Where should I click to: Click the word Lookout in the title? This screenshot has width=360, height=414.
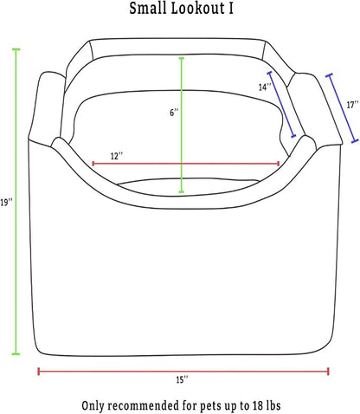[197, 8]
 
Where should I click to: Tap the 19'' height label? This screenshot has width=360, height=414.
[6, 203]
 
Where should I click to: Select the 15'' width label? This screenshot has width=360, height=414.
[183, 380]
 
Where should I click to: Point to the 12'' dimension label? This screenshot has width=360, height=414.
[117, 156]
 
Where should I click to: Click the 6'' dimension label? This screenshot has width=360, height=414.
[174, 113]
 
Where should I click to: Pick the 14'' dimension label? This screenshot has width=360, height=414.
[265, 87]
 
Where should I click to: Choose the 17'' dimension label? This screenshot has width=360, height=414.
[352, 105]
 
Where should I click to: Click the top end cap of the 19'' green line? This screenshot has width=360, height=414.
[16, 49]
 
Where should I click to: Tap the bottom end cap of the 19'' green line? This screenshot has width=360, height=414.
[16, 353]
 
